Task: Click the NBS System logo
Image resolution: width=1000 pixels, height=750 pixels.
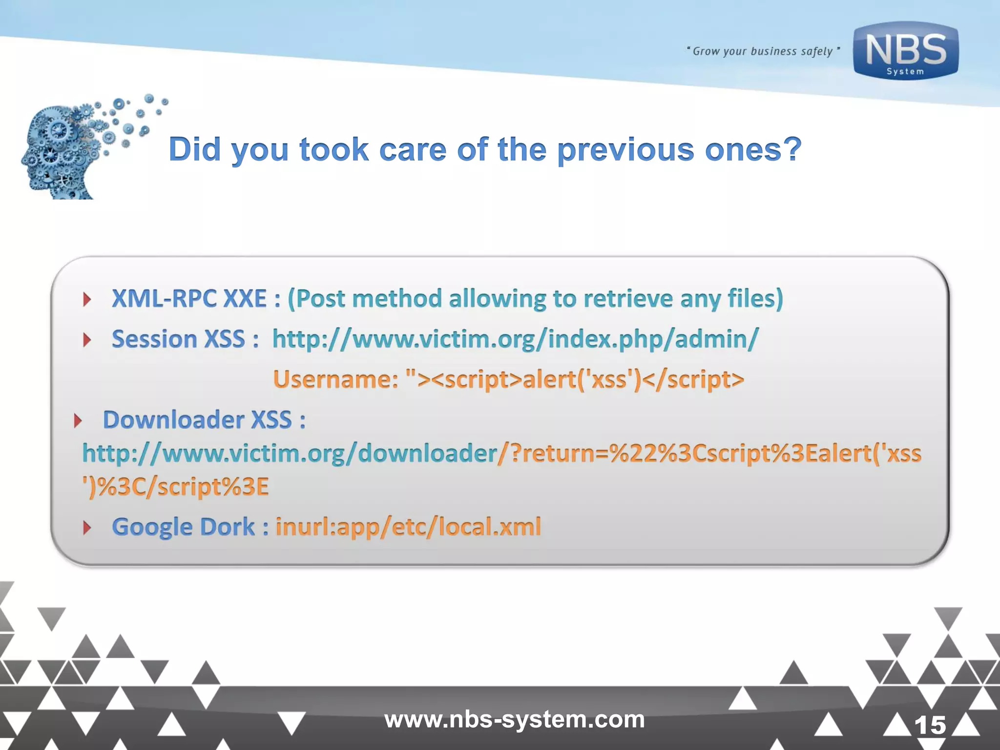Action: tap(905, 51)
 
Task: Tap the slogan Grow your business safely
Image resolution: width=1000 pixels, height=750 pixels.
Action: tap(763, 51)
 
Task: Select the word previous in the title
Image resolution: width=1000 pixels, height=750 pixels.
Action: tap(625, 149)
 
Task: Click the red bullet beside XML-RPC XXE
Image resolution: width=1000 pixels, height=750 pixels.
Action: tap(87, 299)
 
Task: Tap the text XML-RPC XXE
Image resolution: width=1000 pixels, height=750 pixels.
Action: tap(189, 298)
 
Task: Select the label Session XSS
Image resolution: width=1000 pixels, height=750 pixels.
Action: tap(178, 339)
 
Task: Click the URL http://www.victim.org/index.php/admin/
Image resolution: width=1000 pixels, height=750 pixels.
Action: tap(515, 339)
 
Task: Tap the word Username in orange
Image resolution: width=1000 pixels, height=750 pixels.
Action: tap(335, 379)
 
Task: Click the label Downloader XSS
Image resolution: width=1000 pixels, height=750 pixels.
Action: tap(197, 420)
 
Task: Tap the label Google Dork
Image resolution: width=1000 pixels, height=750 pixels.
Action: tap(183, 527)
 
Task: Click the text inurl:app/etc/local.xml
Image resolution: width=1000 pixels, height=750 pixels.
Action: tap(408, 527)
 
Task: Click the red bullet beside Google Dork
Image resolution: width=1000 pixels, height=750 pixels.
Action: tap(87, 527)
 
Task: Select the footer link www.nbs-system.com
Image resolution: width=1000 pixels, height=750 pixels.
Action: tap(514, 719)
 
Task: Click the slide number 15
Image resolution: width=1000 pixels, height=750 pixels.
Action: tap(930, 725)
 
